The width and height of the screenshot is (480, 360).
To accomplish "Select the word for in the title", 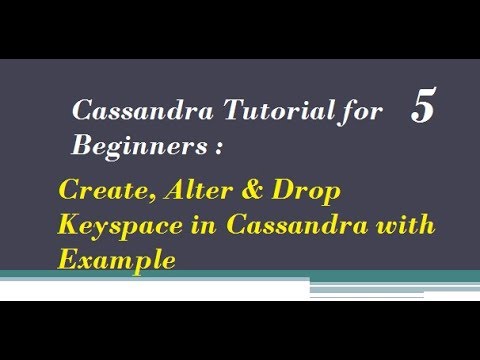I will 359,112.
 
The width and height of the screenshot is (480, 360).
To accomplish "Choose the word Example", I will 117,259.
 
